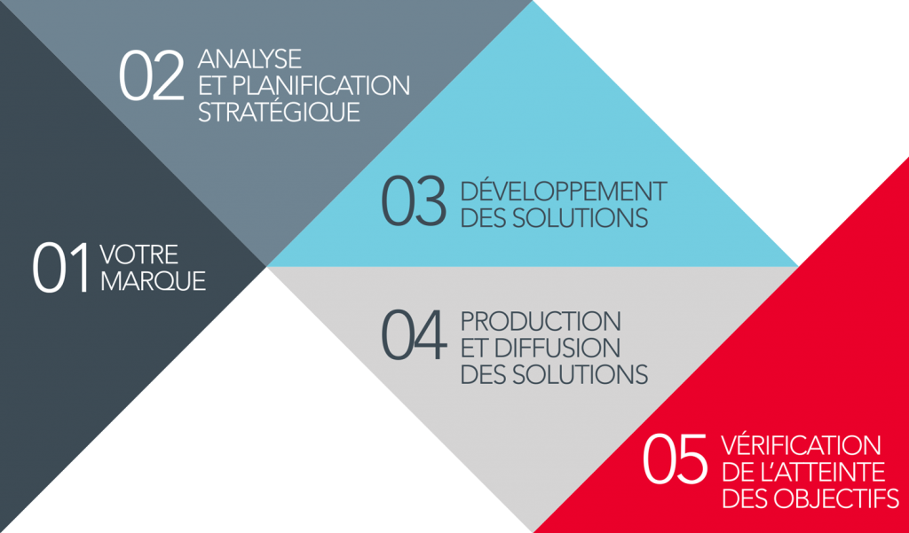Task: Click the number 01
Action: [62, 268]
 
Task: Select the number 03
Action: [414, 202]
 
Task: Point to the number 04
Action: [413, 334]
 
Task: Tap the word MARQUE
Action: [153, 281]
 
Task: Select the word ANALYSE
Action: [250, 60]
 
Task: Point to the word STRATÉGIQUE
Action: [279, 114]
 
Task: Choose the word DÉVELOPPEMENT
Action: [564, 191]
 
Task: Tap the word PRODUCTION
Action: [541, 320]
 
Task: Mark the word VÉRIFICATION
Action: [802, 444]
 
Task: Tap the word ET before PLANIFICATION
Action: [210, 87]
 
